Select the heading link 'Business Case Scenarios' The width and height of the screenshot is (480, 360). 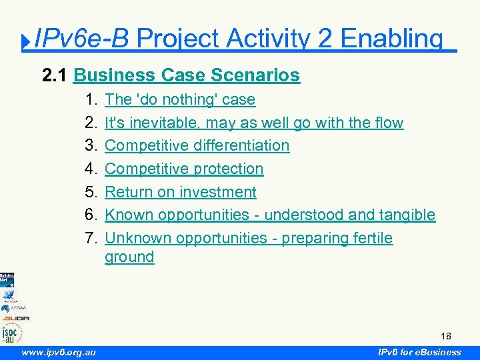click(x=187, y=75)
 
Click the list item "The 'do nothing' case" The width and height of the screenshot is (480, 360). click(x=180, y=99)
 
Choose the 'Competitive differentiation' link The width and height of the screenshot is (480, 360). click(x=197, y=145)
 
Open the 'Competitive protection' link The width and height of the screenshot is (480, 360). click(x=184, y=169)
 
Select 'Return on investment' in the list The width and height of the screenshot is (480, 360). click(x=181, y=192)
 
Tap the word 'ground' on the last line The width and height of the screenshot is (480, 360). click(x=129, y=257)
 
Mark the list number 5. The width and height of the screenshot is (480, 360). click(x=92, y=192)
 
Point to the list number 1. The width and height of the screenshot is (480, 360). click(x=92, y=99)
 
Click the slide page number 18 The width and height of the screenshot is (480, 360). click(x=447, y=335)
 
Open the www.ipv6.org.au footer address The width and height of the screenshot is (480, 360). click(x=58, y=352)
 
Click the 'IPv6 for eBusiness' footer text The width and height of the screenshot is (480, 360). click(x=419, y=352)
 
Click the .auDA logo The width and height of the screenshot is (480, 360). click(x=14, y=318)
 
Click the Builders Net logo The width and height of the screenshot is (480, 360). click(x=7, y=279)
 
